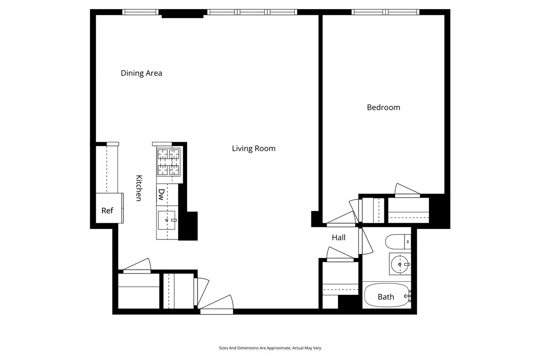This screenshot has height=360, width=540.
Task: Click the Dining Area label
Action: [141, 73]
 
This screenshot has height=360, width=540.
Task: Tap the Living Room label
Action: [253, 148]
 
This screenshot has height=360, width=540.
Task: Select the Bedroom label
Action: [383, 107]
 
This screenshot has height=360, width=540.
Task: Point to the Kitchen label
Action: [139, 188]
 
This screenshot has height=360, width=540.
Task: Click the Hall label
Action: [338, 237]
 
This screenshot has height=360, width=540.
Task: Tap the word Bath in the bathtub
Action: [386, 297]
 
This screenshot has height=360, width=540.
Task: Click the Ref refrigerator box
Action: [108, 210]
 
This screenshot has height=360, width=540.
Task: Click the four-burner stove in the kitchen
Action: [168, 162]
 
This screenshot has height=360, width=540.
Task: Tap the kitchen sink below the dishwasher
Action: [167, 220]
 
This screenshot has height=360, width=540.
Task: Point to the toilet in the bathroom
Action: [398, 242]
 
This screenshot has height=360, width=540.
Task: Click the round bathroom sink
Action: [399, 264]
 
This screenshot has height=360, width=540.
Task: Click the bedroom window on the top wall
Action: [385, 12]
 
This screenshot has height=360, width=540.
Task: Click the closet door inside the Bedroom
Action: [407, 191]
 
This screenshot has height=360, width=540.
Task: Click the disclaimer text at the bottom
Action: [270, 348]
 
